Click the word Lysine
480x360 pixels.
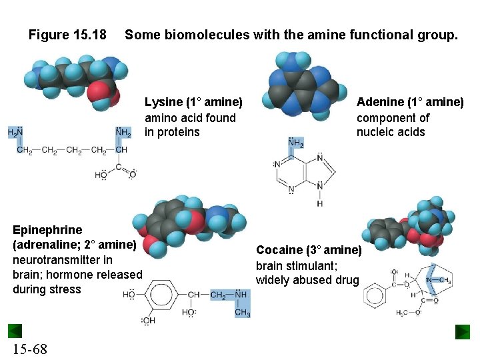point(163,102)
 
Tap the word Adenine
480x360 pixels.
point(380,102)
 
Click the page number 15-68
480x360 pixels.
point(29,349)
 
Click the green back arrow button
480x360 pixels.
point(15,331)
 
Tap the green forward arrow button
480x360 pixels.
point(463,331)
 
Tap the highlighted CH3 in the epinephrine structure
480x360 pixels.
point(242,313)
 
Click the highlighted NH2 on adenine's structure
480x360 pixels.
point(295,143)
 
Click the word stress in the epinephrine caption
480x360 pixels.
point(65,289)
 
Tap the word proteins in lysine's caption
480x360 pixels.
point(179,132)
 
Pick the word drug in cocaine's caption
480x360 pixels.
point(347,280)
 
